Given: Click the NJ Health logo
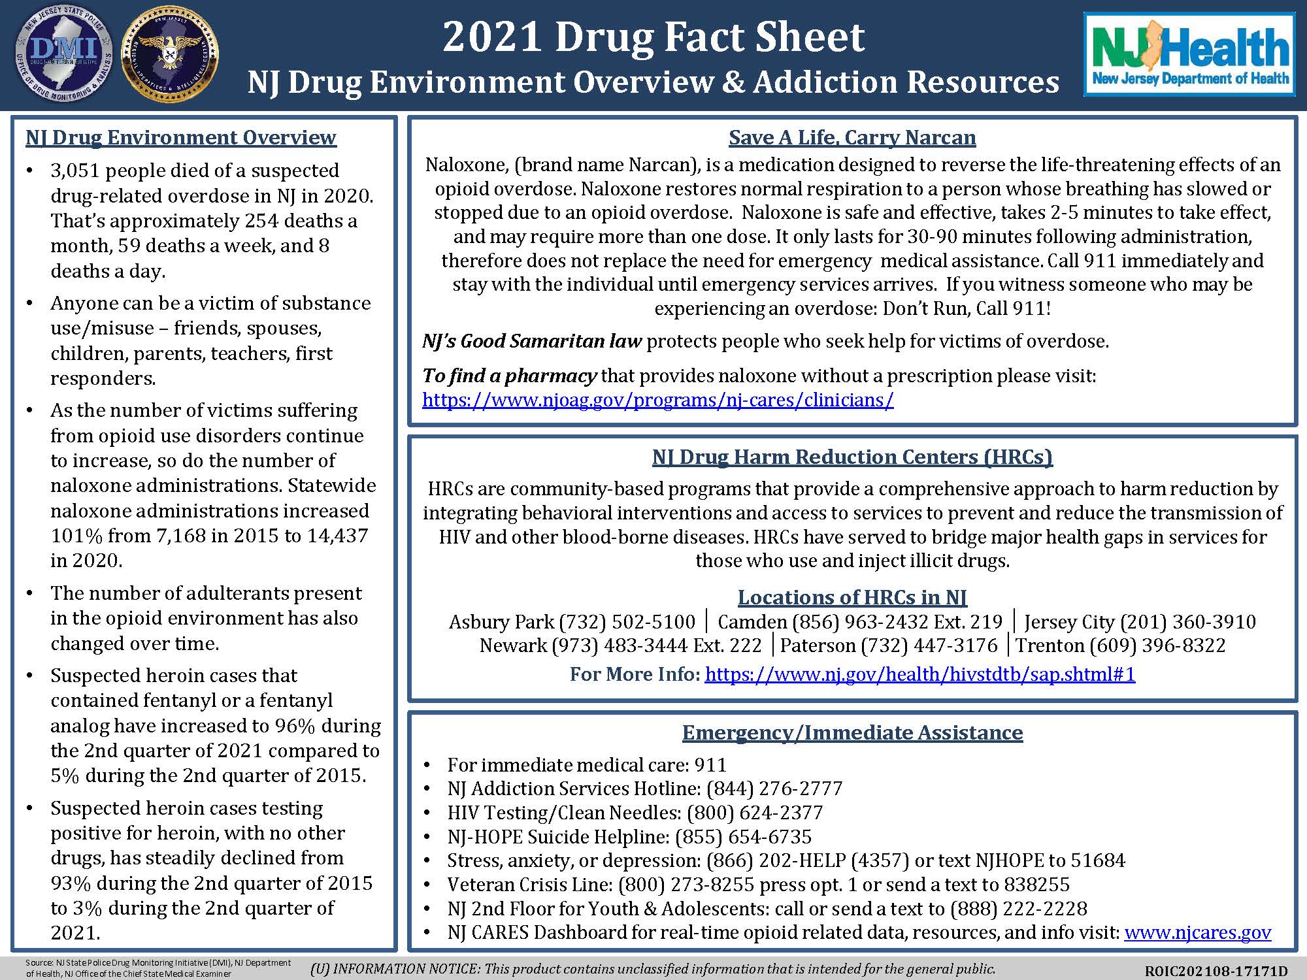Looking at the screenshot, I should pyautogui.click(x=1189, y=55).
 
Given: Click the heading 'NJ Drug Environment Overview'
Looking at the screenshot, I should pyautogui.click(x=180, y=137).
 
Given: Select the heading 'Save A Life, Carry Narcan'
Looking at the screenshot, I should pyautogui.click(x=852, y=138).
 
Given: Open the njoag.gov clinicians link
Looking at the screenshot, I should pyautogui.click(x=657, y=400).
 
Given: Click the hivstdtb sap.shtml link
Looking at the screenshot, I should pyautogui.click(x=919, y=674).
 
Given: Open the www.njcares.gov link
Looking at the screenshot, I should pyautogui.click(x=1197, y=932).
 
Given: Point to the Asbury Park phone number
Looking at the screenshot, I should pyautogui.click(x=627, y=621).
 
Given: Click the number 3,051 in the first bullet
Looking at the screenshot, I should pyautogui.click(x=74, y=171).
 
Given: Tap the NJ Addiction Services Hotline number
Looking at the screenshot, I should pyautogui.click(x=774, y=789).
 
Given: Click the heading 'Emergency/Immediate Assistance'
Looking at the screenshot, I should pyautogui.click(x=852, y=733).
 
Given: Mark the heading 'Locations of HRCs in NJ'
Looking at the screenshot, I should pyautogui.click(x=852, y=597).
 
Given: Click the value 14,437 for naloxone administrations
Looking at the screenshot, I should pyautogui.click(x=334, y=536).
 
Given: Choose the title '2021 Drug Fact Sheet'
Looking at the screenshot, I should pyautogui.click(x=653, y=37).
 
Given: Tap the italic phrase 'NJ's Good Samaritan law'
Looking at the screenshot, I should pyautogui.click(x=532, y=341).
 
